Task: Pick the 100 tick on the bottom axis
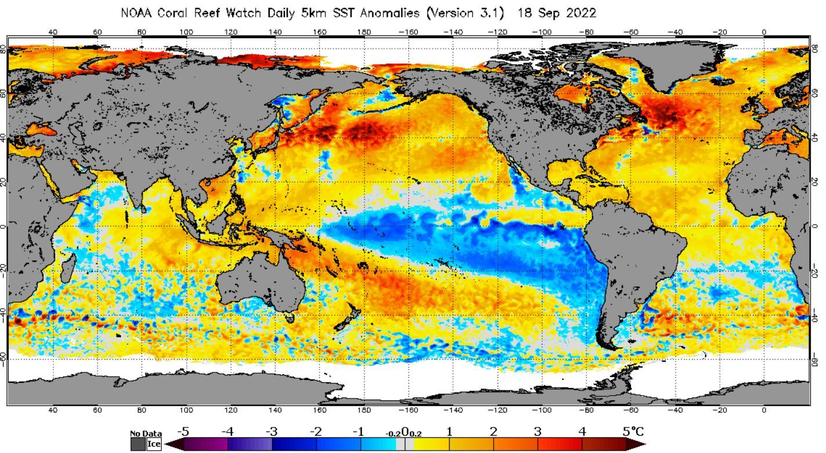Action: (x=186, y=410)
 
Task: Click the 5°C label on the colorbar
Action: (x=633, y=432)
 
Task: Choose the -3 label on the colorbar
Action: (x=271, y=432)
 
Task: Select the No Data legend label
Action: (x=146, y=433)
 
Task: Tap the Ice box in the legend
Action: (x=154, y=444)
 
